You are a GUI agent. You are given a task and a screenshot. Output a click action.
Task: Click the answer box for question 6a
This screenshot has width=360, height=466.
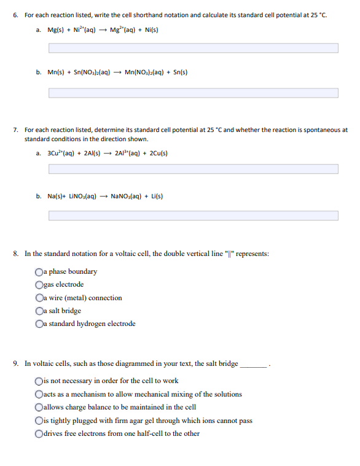193,48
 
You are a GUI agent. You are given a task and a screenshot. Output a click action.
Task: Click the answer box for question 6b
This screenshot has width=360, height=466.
193,93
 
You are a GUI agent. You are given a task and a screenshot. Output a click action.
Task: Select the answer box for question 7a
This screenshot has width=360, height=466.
193,169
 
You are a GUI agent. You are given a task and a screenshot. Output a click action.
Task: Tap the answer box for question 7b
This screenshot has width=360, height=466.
193,216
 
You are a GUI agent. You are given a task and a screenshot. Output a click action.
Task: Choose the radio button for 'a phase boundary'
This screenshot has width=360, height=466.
39,272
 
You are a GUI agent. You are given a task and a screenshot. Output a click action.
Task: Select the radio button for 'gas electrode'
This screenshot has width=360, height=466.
39,285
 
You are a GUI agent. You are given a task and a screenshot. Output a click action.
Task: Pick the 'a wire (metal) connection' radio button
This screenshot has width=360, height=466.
39,298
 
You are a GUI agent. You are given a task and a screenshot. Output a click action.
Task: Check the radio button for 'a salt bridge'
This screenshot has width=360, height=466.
39,311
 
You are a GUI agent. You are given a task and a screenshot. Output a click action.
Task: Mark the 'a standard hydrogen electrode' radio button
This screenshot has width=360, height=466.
39,324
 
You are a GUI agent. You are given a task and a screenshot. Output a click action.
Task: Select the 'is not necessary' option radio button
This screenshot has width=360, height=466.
39,381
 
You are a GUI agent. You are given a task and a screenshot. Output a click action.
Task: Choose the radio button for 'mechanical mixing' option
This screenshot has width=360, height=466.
39,394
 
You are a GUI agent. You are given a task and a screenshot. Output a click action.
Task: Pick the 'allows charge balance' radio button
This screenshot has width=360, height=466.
39,407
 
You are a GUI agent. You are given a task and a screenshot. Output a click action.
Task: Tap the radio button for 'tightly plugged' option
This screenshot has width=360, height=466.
39,421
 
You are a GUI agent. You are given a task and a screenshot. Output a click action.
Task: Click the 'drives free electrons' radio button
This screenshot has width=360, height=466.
39,433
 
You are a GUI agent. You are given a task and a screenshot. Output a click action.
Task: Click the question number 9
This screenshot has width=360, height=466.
15,363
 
